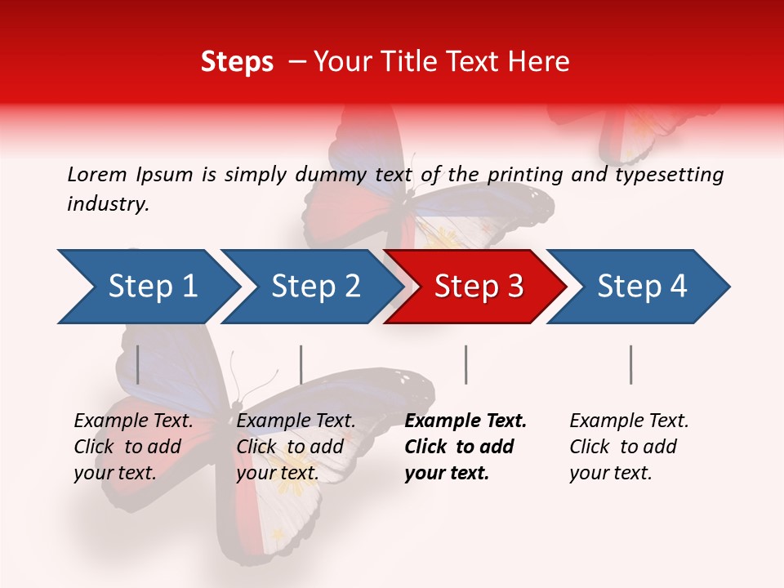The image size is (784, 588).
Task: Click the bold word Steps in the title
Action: (237, 62)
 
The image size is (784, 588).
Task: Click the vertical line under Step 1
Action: (138, 364)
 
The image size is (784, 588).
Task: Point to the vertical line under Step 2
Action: (301, 364)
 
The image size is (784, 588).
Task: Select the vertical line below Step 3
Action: (465, 364)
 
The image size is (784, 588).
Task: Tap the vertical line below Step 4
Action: (630, 364)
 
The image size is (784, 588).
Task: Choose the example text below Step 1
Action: (133, 447)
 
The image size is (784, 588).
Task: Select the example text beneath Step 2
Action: (296, 447)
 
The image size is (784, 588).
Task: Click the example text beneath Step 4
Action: (629, 447)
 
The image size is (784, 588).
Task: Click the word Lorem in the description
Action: (97, 175)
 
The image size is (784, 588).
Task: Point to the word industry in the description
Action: (108, 204)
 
